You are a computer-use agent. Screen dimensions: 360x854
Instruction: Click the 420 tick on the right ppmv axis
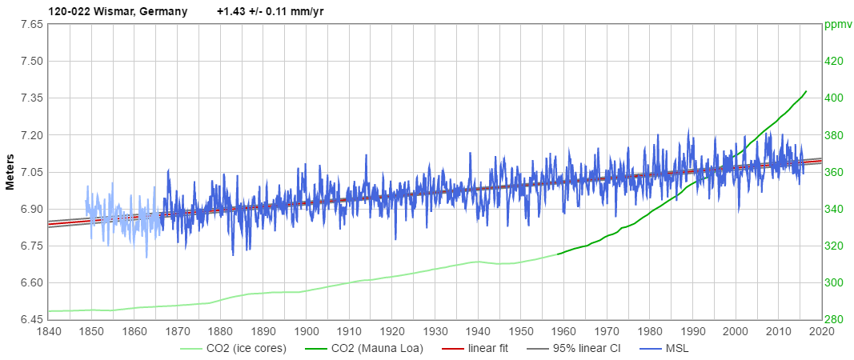click(834, 61)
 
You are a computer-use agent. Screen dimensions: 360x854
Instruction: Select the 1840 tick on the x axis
click(48, 331)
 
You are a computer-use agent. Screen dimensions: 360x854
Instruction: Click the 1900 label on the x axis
click(306, 331)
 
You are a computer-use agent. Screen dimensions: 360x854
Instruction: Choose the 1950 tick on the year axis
click(520, 331)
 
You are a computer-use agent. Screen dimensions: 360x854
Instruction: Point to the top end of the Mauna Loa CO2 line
click(806, 91)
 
